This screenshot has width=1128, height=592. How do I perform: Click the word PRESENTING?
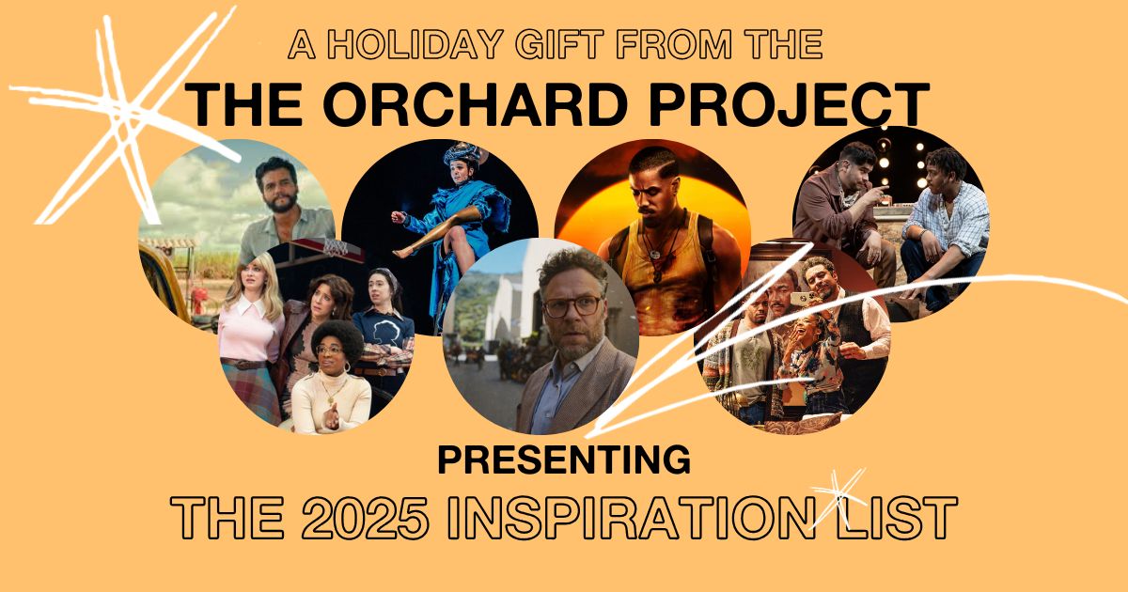coord(564,461)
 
